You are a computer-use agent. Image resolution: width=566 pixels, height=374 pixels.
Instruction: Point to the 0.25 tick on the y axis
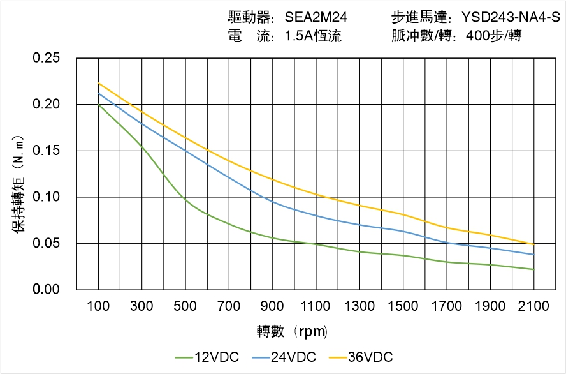click(46, 58)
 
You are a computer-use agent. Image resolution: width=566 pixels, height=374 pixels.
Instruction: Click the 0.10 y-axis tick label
click(46, 197)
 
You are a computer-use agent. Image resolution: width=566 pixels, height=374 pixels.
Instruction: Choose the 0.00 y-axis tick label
click(46, 290)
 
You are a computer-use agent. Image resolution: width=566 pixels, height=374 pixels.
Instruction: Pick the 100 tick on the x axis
click(98, 306)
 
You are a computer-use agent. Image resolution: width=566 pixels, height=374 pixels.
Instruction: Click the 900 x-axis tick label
click(272, 306)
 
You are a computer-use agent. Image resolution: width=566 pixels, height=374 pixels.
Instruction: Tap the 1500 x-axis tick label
click(403, 306)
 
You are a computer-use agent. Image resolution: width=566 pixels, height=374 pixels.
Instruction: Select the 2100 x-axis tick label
click(533, 306)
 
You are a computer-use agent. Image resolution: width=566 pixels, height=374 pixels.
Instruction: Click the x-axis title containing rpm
click(293, 332)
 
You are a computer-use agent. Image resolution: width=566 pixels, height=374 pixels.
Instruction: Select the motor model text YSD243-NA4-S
click(504, 17)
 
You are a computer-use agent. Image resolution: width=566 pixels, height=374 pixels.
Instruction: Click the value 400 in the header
click(478, 36)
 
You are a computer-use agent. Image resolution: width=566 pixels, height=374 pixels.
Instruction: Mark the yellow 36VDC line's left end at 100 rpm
click(98, 83)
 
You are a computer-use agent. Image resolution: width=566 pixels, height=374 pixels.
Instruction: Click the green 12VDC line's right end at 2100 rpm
click(533, 269)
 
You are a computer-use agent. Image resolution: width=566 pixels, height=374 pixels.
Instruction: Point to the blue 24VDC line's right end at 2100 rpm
click(533, 255)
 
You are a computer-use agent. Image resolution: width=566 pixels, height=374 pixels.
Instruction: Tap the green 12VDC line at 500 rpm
click(185, 200)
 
